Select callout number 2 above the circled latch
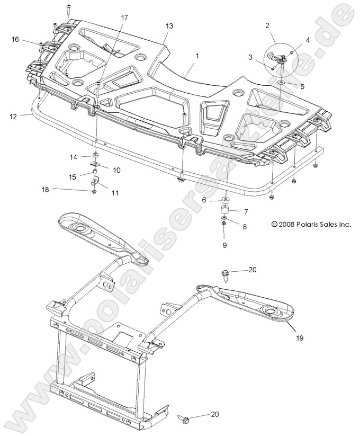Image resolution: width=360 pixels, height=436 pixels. [x=267, y=25]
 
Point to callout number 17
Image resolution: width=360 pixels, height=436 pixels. [x=124, y=18]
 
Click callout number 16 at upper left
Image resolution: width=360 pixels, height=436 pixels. [x=15, y=39]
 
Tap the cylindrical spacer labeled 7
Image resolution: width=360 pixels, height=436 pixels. [x=224, y=212]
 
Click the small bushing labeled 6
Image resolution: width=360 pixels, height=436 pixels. [x=224, y=200]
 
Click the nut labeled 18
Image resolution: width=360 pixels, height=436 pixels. [x=93, y=192]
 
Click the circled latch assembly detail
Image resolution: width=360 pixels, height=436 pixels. [x=280, y=59]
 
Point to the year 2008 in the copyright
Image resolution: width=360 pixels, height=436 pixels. [x=280, y=225]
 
